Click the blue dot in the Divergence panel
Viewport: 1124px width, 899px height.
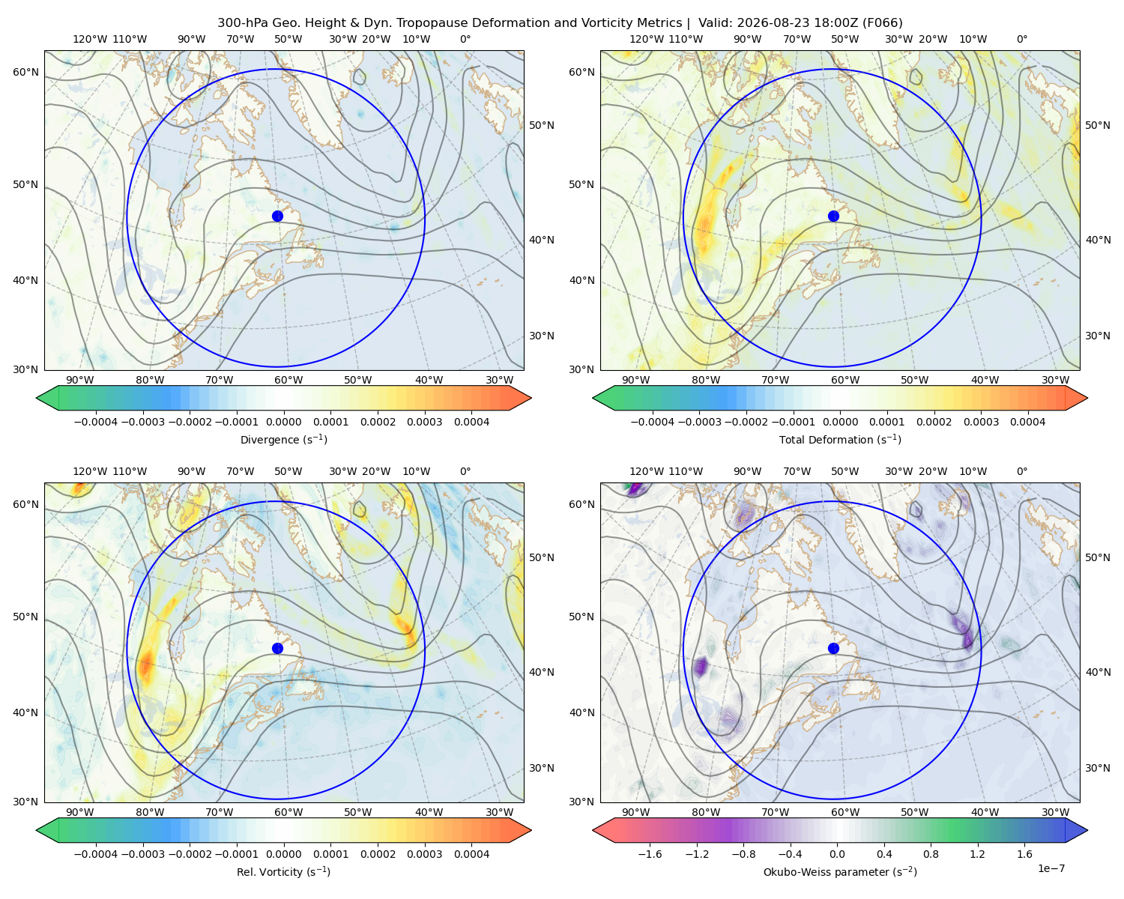pos(277,216)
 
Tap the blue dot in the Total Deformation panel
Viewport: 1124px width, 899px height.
pos(833,216)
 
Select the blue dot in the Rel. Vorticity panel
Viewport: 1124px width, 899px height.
pos(277,648)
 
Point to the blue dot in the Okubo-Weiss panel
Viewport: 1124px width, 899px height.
pos(833,648)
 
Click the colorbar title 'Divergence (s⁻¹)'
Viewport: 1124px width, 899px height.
pos(283,439)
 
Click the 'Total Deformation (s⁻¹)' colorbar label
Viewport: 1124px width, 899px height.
pos(840,439)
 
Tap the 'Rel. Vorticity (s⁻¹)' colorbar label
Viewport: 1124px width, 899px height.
pos(283,871)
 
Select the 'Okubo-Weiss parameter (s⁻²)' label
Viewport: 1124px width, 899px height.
pos(840,871)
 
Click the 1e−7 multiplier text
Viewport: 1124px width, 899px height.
pos(1051,868)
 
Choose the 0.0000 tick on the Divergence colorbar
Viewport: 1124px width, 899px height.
pos(283,422)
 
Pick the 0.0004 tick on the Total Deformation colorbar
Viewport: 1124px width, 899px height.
pos(1027,422)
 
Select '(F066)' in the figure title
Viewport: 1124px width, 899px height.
pos(882,23)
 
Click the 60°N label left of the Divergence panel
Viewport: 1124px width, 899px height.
pos(25,72)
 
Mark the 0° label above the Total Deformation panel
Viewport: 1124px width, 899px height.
pos(1021,39)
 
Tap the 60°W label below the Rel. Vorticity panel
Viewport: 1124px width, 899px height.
pos(288,812)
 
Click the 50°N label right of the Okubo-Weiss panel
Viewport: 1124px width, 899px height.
pos(1097,557)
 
